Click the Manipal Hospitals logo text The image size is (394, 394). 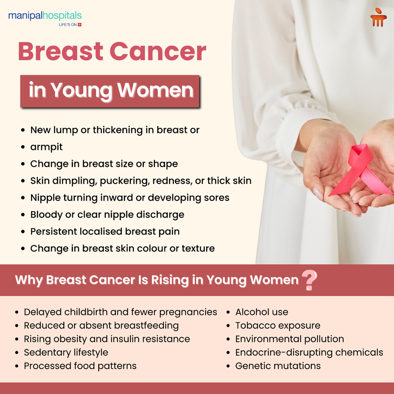click(45, 16)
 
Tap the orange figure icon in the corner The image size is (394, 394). click(378, 18)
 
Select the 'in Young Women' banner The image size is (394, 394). click(110, 91)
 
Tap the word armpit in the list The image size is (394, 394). click(46, 147)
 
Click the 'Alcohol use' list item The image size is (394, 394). click(262, 312)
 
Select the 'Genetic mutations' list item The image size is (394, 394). click(278, 365)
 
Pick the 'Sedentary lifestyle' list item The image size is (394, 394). click(66, 352)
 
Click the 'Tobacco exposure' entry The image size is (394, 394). click(278, 325)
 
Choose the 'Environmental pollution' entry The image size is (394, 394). click(289, 339)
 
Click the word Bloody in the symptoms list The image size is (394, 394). click(46, 215)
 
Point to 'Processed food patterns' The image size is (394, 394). click(80, 365)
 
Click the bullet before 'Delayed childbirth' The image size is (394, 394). click(17, 312)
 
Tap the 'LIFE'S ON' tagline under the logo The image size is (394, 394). click(68, 24)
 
